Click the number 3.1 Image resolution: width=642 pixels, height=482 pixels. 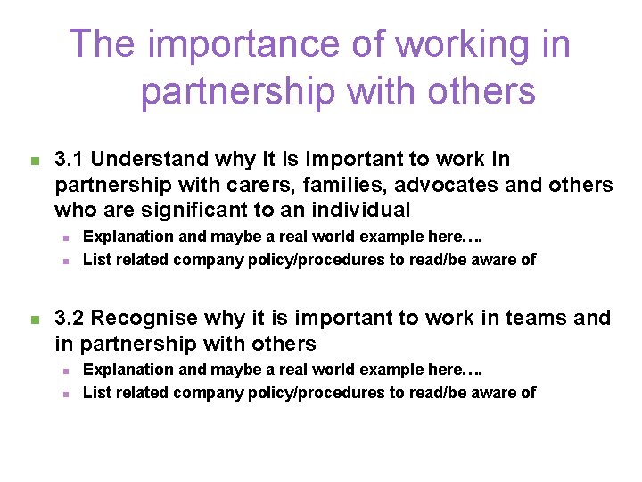pyautogui.click(x=70, y=160)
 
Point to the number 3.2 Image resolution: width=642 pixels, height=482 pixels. pyautogui.click(x=70, y=319)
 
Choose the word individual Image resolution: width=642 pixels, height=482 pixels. pyautogui.click(x=366, y=211)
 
